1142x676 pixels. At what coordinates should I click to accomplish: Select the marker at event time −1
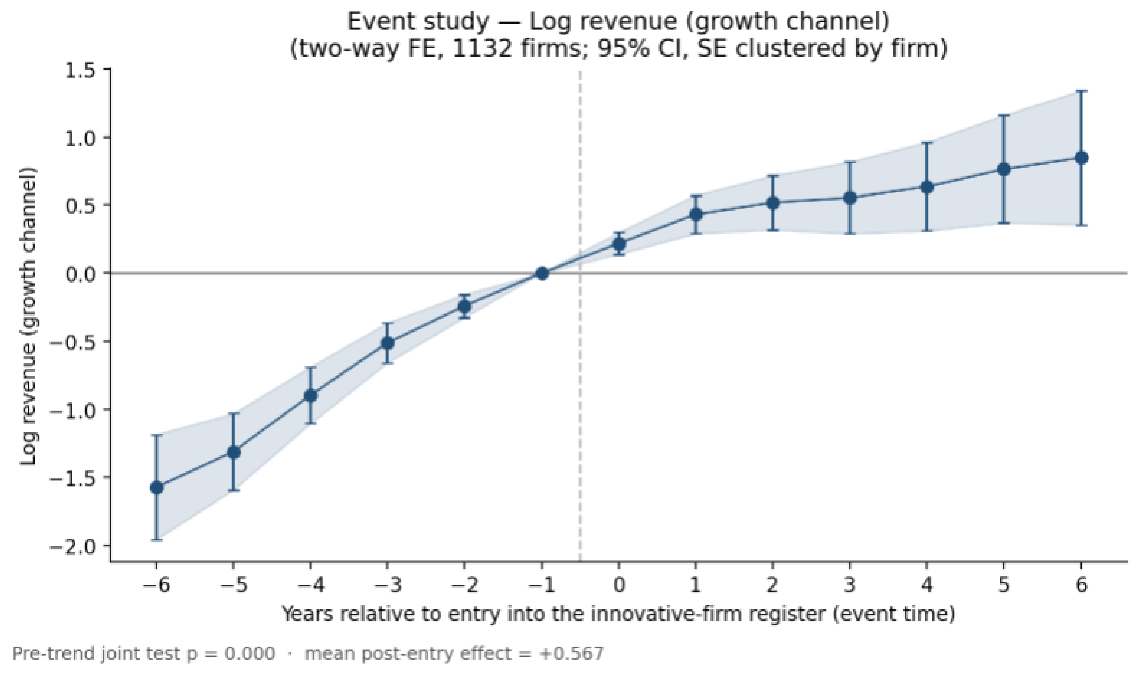tap(542, 273)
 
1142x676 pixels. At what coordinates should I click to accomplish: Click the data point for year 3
tap(850, 198)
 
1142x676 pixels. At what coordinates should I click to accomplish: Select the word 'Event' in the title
tap(376, 21)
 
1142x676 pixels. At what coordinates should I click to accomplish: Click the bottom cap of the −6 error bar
tap(156, 540)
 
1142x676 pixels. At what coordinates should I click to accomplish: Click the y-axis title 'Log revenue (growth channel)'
tap(28, 316)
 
